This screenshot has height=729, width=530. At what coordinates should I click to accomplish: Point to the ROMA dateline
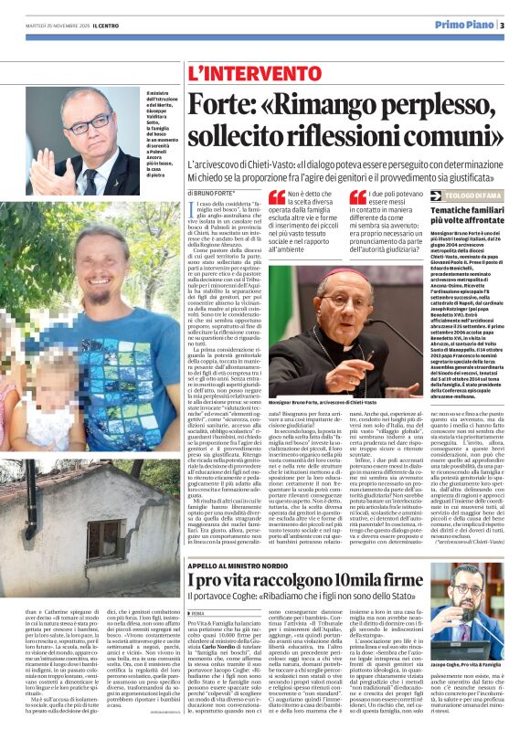coord(196,614)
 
